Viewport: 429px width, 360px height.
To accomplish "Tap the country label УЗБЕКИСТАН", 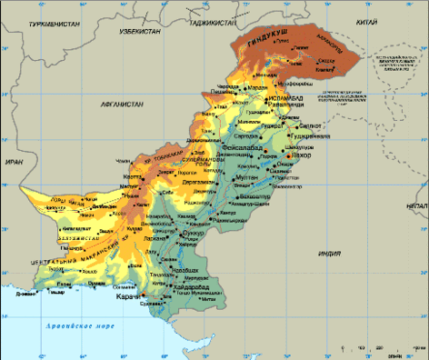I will pyautogui.click(x=140, y=31).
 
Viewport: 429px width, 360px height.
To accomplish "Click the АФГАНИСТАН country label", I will pyautogui.click(x=121, y=105).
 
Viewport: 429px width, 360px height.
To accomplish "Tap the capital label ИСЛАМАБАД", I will pyautogui.click(x=284, y=93).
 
